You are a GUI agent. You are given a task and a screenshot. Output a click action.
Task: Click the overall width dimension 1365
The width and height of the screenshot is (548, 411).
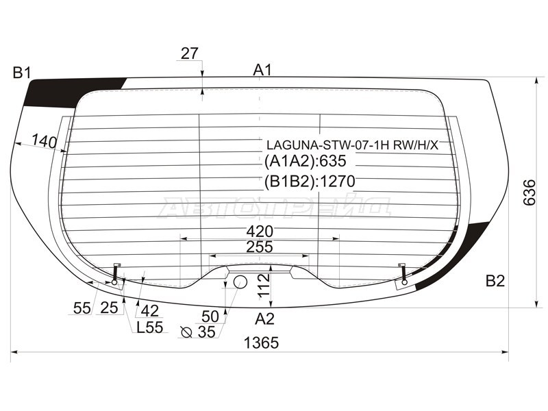coord(261,343)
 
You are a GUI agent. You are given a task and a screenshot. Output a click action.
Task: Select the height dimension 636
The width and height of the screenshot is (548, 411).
coord(530,192)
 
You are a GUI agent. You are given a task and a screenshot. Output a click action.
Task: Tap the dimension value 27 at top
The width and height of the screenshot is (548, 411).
coord(190,53)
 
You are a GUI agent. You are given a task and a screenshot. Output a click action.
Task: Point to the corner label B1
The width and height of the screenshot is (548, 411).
coord(22,73)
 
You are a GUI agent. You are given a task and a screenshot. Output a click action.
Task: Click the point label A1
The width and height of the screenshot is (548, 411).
coord(262,71)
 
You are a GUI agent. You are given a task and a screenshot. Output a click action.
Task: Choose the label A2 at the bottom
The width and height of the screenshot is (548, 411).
coord(264,319)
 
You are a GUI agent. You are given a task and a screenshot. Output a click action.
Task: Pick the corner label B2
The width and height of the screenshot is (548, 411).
coord(495,281)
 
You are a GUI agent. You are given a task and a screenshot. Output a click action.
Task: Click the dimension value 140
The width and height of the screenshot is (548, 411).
coord(45,141)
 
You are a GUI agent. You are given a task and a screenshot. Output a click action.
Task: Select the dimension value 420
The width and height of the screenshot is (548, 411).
coord(260,232)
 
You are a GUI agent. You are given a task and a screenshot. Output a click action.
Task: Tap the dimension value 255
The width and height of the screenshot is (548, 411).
coord(260,247)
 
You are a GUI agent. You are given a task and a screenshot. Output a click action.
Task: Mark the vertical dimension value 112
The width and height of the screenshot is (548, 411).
coord(264,286)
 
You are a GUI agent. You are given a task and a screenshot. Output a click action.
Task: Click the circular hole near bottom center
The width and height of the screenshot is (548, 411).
coord(240,282)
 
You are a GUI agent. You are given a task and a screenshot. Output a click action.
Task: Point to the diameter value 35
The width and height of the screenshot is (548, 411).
coord(207,332)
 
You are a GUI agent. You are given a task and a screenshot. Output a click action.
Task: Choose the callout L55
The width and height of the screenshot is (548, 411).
coord(150,327)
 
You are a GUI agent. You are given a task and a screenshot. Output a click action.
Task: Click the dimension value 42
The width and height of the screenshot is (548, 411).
coord(150,310)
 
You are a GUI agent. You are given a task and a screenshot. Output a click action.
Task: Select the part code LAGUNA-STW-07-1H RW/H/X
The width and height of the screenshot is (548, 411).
coord(352,145)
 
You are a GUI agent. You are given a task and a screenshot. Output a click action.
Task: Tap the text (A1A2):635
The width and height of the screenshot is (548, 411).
coord(306,161)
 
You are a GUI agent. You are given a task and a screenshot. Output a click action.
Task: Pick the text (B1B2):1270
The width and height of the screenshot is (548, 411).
coord(310,182)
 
